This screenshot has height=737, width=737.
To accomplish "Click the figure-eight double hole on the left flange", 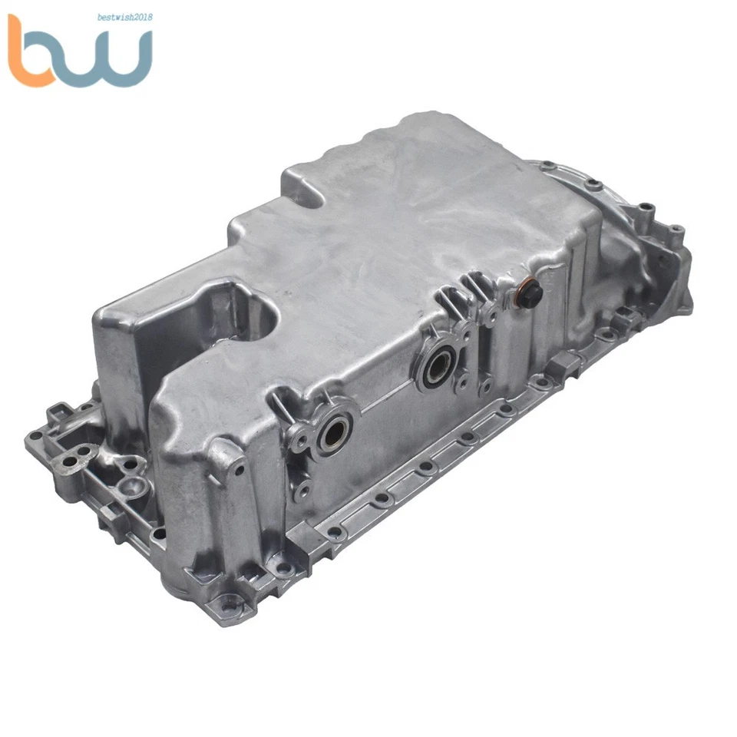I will pos(73,461).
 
